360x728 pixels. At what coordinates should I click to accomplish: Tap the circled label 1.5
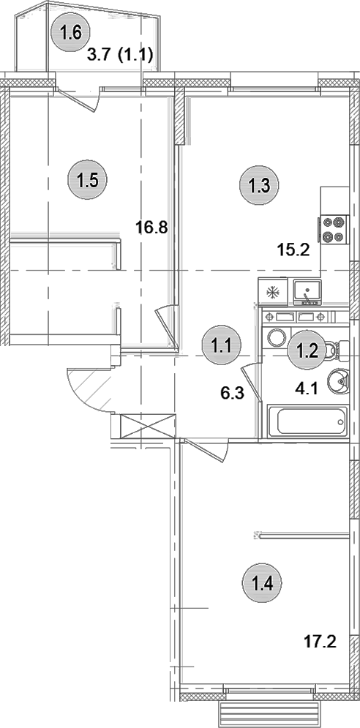point(87,179)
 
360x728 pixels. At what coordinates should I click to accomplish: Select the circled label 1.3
point(259,185)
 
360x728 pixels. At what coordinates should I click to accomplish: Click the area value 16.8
point(152,227)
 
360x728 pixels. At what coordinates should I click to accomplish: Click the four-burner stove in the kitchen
point(333,229)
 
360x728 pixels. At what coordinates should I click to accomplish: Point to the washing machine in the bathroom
point(277,337)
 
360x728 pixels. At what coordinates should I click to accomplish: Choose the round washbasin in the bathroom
point(340,381)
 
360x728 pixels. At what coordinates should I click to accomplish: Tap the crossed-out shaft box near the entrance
point(148,426)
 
